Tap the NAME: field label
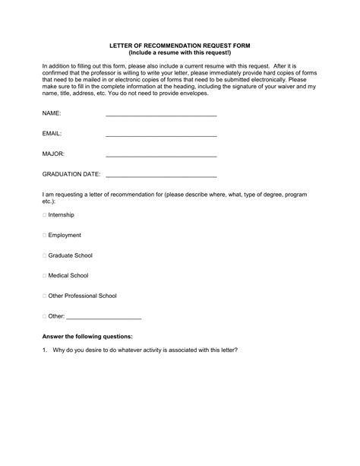(x=52, y=114)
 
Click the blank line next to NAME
(x=161, y=115)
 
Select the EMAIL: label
(x=52, y=134)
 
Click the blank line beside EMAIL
(x=161, y=135)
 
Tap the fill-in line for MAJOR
(x=161, y=156)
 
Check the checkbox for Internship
(x=44, y=215)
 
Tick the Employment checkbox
(x=44, y=236)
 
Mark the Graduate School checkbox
(x=44, y=255)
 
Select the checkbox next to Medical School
(x=44, y=275)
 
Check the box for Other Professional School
(x=44, y=295)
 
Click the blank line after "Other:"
(x=105, y=317)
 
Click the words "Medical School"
(x=68, y=275)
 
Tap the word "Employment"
(x=65, y=236)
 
